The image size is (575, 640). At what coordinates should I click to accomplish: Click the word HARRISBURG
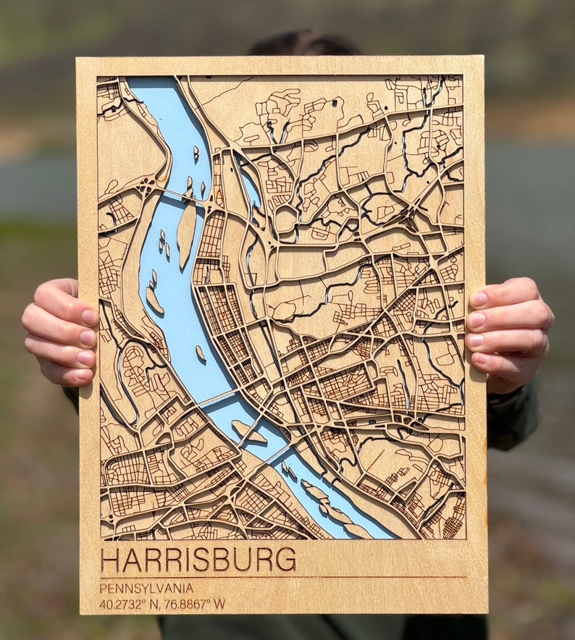[198, 560]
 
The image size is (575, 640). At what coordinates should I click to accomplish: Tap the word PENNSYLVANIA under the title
[146, 588]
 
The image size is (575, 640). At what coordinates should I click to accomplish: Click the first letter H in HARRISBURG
[109, 560]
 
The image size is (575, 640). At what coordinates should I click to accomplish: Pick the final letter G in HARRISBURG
[286, 560]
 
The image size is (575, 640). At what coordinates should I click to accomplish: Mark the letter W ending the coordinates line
[219, 603]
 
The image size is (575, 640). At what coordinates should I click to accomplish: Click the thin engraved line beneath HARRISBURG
[282, 577]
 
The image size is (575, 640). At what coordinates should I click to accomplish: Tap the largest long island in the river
[186, 234]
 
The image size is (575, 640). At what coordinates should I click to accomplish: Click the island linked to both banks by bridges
[248, 432]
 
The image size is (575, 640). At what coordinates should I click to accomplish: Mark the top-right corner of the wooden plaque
[482, 58]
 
